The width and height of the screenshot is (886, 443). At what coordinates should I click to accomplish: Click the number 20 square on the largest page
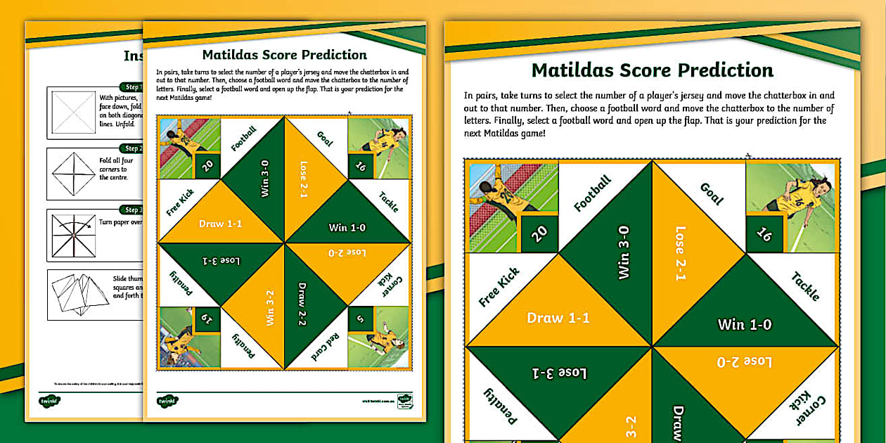coord(539,234)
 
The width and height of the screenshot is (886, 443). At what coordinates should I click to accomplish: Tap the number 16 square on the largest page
coord(764,234)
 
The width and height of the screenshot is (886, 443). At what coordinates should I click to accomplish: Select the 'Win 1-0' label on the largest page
coord(744,324)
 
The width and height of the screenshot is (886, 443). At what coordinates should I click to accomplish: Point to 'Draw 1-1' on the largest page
coord(558,318)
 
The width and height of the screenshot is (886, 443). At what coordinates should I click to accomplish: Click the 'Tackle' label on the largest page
coord(805,285)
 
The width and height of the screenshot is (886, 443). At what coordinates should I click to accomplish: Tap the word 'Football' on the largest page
coord(592,194)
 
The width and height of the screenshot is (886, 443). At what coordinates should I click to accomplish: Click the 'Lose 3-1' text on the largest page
coord(559,373)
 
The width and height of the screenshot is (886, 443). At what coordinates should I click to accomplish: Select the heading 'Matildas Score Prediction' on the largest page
coord(652,70)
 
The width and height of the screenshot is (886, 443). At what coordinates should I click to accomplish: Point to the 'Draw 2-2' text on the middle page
coord(302,304)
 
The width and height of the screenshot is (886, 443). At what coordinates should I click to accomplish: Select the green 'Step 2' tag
coord(131,148)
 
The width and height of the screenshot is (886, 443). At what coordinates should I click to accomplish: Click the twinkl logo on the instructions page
coord(49,401)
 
